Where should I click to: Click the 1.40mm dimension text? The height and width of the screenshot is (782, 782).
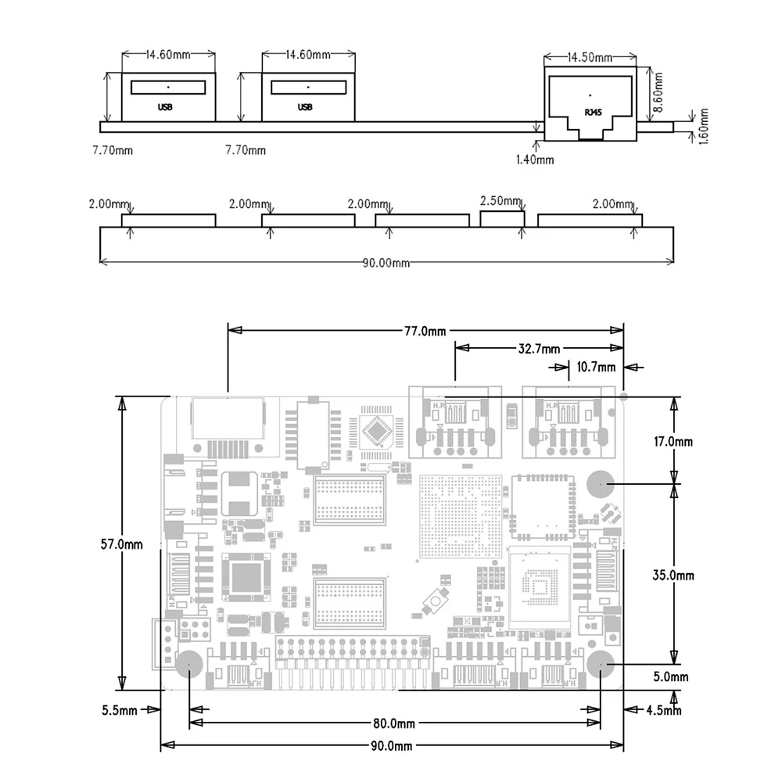coord(535,160)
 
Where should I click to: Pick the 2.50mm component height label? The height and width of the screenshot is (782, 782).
coord(500,201)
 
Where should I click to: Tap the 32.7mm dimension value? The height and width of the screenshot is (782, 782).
coord(540,348)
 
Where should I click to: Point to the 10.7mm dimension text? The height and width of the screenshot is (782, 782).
coord(596,367)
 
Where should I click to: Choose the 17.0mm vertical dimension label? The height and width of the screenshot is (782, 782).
coord(673,441)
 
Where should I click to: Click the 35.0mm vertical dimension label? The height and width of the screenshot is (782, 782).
coord(674,575)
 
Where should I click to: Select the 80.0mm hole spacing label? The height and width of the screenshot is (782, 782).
coord(394,723)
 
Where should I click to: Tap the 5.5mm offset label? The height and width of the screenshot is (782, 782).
coord(120,710)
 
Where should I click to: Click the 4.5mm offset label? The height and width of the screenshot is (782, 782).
coord(664,710)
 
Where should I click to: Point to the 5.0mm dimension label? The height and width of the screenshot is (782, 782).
coord(670,676)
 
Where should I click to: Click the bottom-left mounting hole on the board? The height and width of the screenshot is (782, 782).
coord(188,666)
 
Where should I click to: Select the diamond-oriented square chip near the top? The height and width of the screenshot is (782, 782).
coord(378,430)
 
